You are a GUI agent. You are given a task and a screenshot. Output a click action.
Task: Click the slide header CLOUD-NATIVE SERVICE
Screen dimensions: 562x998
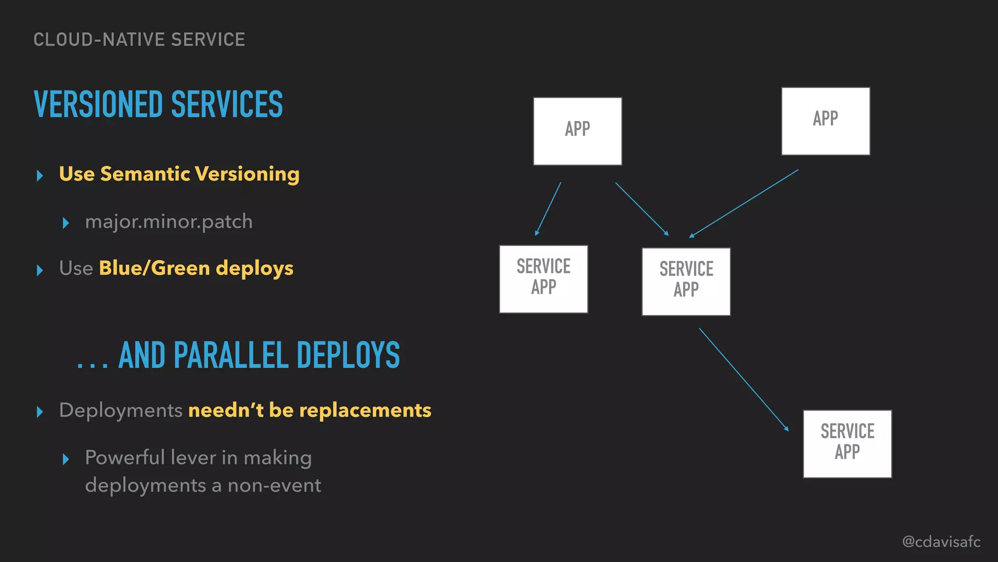point(139,40)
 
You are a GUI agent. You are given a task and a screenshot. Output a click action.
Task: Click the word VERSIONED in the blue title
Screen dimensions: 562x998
point(98,104)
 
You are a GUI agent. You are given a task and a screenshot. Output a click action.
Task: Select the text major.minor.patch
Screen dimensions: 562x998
point(169,222)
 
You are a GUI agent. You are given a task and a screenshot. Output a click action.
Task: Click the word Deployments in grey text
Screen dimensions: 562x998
point(120,410)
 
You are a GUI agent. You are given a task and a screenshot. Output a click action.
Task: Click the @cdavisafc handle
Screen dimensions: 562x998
point(941,542)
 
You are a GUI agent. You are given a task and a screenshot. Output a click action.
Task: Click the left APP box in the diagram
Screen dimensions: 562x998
point(577,131)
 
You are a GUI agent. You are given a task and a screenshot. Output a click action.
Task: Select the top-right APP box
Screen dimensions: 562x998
point(825,121)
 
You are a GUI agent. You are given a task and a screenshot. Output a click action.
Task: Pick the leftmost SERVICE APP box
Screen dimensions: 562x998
point(543,279)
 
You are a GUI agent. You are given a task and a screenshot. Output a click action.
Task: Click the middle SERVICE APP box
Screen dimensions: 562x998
point(686,281)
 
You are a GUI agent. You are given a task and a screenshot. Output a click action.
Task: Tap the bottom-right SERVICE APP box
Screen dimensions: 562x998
point(847,443)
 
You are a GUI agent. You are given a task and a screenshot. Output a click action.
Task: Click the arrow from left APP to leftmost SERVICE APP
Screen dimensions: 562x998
point(548,209)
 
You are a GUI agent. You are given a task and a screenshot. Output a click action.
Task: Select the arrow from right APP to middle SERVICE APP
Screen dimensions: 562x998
point(744,203)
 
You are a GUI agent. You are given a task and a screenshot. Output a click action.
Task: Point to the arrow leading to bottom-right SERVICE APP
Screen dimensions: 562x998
point(744,379)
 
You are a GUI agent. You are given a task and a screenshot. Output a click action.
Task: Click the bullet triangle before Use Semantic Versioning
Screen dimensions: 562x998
point(40,176)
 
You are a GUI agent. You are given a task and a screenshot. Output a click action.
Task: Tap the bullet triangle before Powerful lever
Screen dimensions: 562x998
point(66,459)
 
